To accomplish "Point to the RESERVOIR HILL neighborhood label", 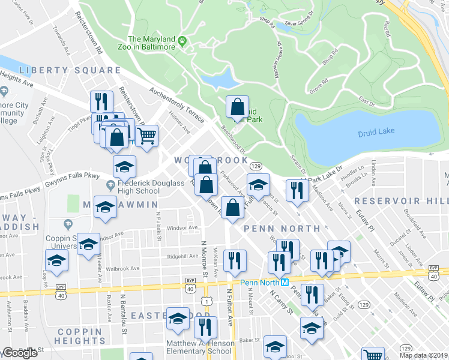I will tap(401, 200).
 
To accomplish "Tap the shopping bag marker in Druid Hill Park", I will tap(237, 107).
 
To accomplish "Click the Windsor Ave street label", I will tap(182, 228).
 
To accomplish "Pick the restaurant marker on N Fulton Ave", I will tap(234, 260).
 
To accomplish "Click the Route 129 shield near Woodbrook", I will tap(256, 166).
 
